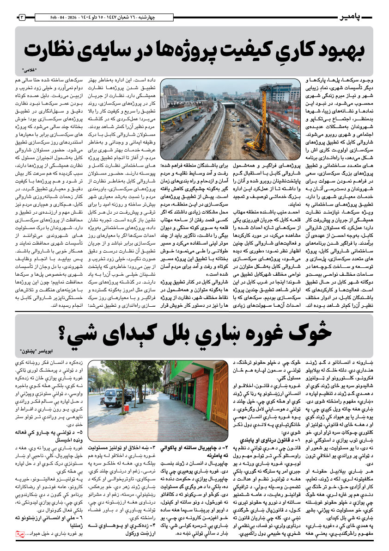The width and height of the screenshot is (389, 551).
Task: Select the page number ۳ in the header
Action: pyautogui.click(x=22, y=17)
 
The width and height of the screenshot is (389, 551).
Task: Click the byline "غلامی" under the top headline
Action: pyautogui.click(x=30, y=70)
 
